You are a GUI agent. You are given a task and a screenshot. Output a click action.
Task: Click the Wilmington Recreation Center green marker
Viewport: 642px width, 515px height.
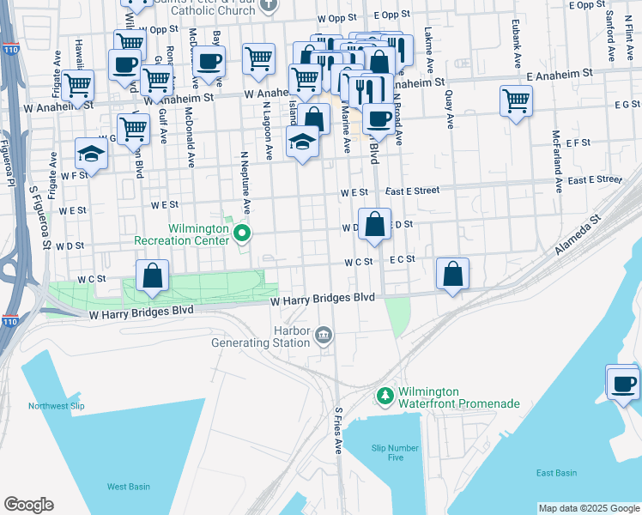[243, 232]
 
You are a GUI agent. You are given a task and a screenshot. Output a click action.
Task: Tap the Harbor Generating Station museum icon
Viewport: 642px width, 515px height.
[324, 334]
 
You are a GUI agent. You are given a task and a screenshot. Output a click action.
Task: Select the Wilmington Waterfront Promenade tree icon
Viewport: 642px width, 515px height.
[385, 396]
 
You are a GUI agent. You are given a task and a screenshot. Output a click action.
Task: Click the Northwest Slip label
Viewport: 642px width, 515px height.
[58, 406]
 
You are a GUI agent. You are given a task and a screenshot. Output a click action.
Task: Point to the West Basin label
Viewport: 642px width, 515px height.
[129, 487]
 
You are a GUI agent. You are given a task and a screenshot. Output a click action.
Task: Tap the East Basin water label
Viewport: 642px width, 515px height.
[556, 473]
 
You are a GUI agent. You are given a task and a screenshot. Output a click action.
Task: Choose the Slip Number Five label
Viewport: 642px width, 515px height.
[396, 452]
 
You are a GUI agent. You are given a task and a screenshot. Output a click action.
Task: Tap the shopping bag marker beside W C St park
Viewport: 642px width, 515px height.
[152, 276]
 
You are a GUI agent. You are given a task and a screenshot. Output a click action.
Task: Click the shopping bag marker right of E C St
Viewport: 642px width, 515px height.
[452, 274]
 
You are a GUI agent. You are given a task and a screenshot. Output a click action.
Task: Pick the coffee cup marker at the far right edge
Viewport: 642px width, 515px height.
[624, 383]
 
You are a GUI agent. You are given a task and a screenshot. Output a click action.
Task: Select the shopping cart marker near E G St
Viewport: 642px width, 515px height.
[516, 100]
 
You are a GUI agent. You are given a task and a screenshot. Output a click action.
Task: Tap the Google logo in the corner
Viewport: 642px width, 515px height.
[28, 505]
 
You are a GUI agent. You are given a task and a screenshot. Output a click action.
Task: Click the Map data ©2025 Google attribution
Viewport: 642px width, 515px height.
[589, 508]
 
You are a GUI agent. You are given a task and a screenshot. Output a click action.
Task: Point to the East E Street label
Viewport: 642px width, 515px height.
[418, 191]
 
